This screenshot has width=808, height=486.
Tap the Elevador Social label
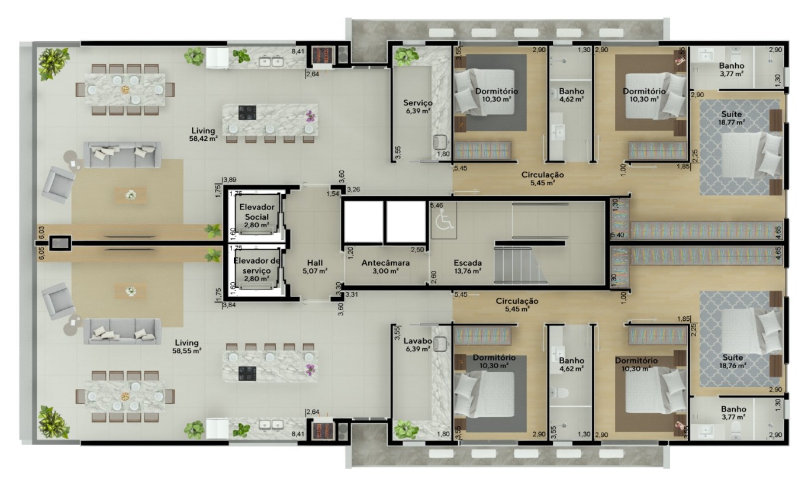[257, 215]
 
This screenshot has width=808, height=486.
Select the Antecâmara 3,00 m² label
[385, 266]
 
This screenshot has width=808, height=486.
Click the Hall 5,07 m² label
[315, 266]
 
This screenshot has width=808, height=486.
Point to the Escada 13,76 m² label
[468, 266]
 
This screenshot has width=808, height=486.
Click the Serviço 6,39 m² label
[418, 107]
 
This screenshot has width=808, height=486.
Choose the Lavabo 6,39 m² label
[418, 345]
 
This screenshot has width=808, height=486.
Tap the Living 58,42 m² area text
[204, 134]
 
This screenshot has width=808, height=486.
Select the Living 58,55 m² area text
[187, 346]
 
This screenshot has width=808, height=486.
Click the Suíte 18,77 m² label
[732, 118]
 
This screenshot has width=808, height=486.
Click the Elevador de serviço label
[257, 269]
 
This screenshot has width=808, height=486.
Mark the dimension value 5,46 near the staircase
[436, 205]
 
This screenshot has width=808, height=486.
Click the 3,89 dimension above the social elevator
[230, 180]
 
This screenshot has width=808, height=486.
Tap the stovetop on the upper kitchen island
[247, 112]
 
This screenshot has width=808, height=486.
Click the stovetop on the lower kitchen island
[247, 374]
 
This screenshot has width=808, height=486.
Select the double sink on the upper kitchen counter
[271, 62]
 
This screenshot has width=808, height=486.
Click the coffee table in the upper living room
[131, 195]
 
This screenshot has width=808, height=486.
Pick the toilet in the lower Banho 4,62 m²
[559, 392]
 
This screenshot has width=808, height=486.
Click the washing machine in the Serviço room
[439, 142]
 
